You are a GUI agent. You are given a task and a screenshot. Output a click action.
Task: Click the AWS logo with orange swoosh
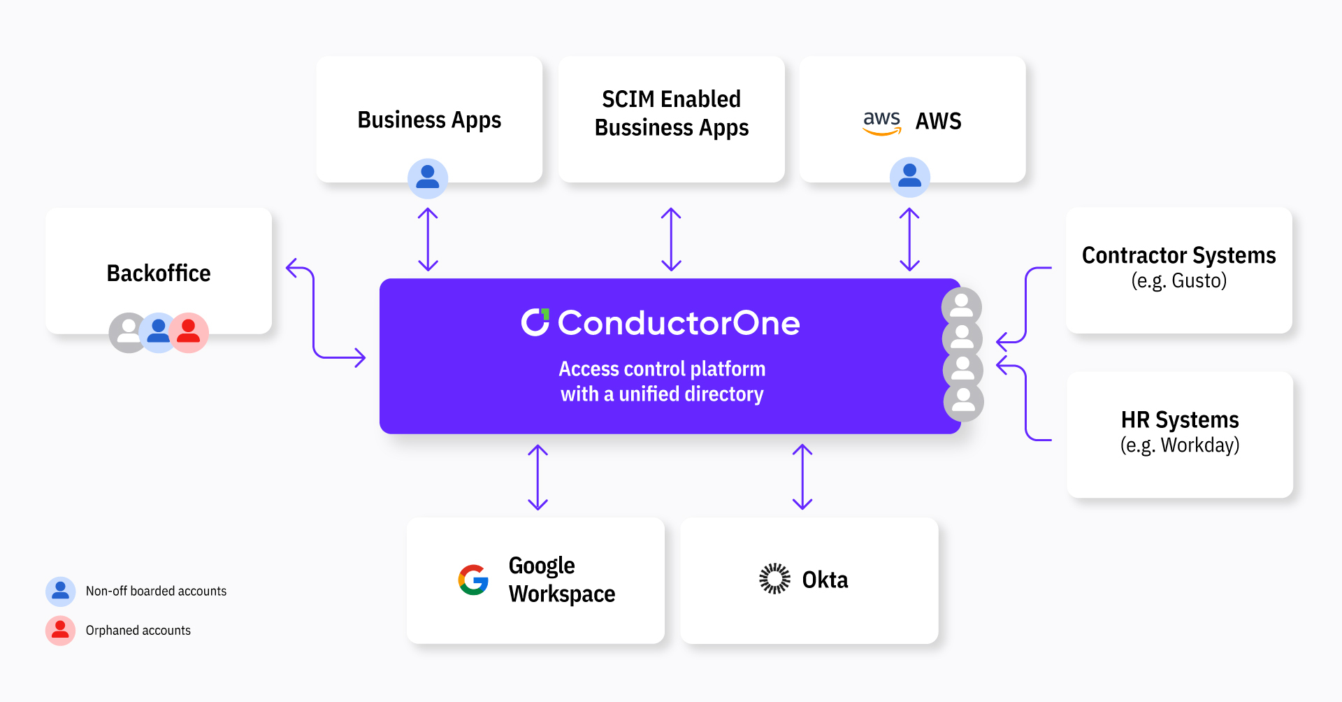(881, 122)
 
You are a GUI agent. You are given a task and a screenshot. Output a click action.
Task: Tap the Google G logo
(473, 580)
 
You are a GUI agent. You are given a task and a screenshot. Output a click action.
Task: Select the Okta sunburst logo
(774, 579)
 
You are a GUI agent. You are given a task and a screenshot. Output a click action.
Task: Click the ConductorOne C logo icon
(535, 322)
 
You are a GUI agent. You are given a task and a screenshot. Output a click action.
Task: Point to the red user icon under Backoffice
(189, 333)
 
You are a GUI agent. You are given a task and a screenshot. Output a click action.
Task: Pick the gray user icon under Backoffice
(128, 333)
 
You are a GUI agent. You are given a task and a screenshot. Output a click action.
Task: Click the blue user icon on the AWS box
(909, 177)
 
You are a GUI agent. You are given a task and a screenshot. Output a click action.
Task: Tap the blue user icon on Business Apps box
(428, 178)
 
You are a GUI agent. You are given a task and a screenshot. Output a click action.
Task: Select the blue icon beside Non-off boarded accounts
(61, 592)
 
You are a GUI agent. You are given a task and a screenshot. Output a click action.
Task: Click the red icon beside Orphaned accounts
(61, 630)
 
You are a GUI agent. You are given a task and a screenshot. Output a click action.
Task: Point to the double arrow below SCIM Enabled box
(671, 239)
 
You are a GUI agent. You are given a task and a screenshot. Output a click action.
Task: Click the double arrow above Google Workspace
(537, 477)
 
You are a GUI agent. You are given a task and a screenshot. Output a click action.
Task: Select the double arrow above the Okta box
(802, 477)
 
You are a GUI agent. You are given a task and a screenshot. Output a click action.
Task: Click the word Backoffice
(159, 273)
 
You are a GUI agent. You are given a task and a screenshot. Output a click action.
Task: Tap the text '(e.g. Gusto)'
(1178, 281)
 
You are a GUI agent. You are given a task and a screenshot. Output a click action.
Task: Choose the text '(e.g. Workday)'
(1179, 445)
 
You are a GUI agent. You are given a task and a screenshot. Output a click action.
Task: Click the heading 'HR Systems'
(1179, 420)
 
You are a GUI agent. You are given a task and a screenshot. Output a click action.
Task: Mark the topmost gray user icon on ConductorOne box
(962, 306)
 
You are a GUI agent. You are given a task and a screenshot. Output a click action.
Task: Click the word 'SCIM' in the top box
(628, 99)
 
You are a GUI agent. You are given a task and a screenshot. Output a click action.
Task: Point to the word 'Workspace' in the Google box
(562, 594)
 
